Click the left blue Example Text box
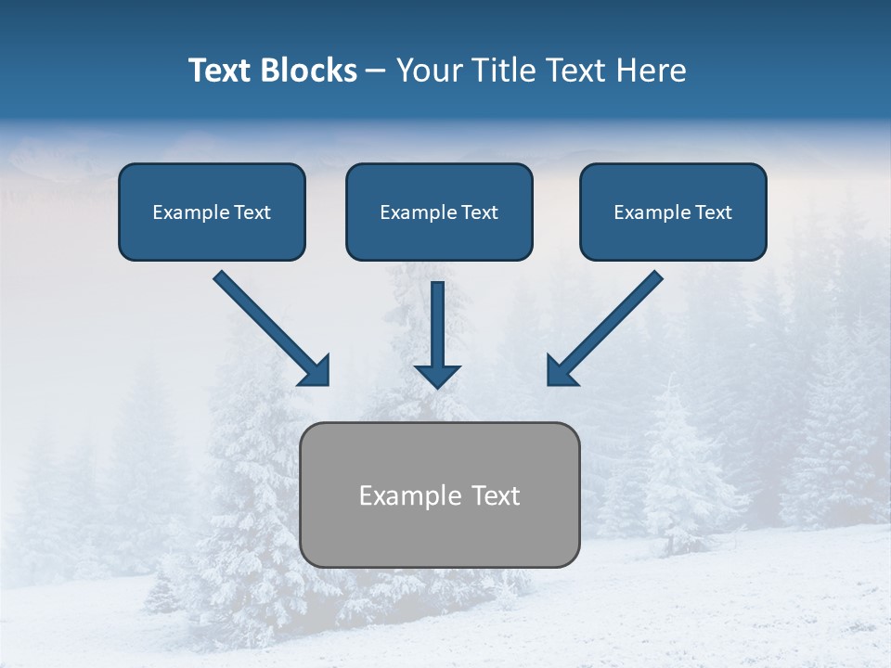point(212,212)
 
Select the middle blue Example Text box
point(439,212)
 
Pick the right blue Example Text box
point(673,212)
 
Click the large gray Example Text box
point(440,495)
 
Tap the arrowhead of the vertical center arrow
point(437,376)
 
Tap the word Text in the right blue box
point(714,212)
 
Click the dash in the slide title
point(376,71)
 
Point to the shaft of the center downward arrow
point(437,320)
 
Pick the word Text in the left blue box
point(252,212)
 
